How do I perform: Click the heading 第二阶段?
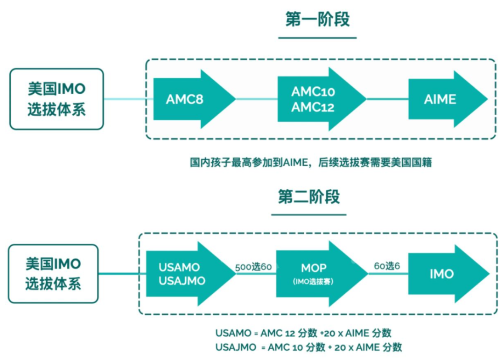click(x=309, y=197)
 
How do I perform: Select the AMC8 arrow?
click(x=191, y=99)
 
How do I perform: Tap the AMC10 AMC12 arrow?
click(x=317, y=99)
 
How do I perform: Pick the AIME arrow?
click(x=443, y=99)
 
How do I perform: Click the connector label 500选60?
click(x=253, y=268)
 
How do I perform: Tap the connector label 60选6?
click(x=387, y=266)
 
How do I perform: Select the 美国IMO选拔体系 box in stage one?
click(x=56, y=99)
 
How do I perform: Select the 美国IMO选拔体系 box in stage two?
click(x=53, y=273)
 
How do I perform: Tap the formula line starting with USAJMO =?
click(x=308, y=347)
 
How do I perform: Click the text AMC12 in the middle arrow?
click(x=313, y=107)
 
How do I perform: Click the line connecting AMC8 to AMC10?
click(x=256, y=99)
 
